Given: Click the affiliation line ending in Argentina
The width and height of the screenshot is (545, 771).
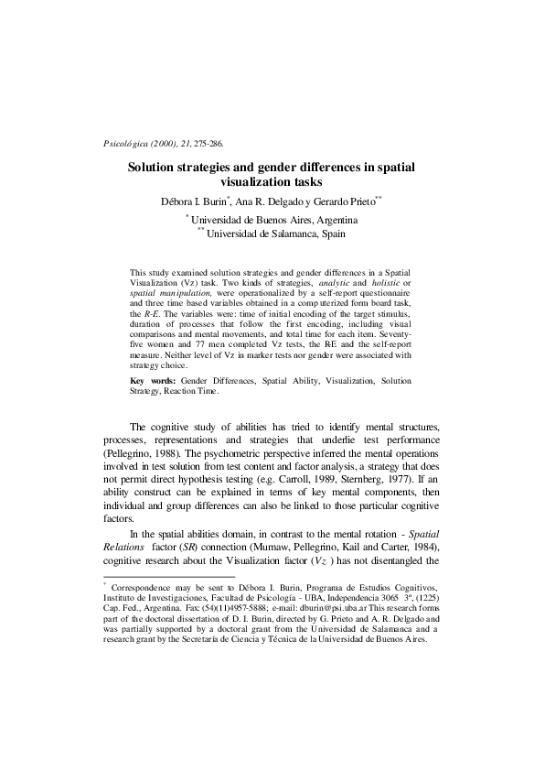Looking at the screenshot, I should click(273, 220).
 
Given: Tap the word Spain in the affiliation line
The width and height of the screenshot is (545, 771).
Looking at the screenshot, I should click(334, 234).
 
